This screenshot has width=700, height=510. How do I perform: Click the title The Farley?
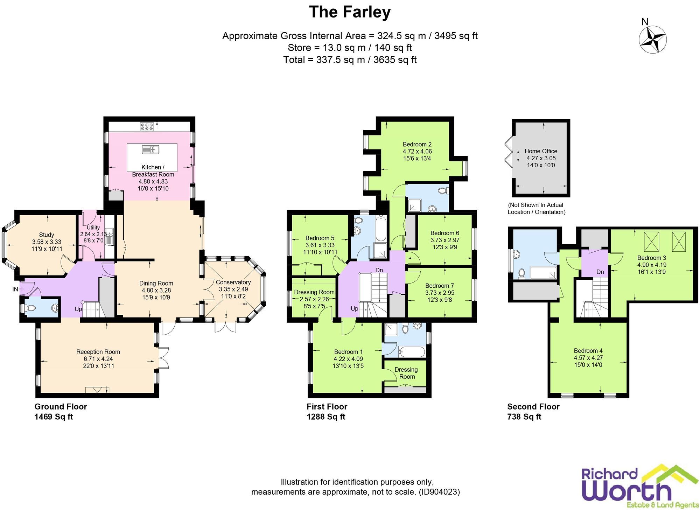coord(350,12)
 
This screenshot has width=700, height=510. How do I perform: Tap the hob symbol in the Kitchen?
coord(147,127)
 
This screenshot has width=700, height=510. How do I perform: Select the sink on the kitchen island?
coord(151,150)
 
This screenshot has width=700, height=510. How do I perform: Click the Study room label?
coord(47,235)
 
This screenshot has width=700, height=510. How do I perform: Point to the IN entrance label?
coord(15,289)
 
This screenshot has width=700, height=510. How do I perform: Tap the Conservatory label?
coord(233,282)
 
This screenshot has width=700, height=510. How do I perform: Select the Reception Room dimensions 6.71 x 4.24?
coord(98,359)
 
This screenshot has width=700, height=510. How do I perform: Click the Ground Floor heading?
coord(61,407)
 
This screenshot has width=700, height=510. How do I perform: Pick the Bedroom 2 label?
coord(417,144)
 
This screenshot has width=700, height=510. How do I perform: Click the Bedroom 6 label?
coord(444,233)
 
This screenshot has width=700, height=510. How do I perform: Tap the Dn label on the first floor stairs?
coord(379,270)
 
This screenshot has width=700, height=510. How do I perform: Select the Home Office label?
coord(541,151)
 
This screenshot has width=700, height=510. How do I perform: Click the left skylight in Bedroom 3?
coord(651,242)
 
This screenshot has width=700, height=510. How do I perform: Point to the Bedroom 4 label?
coord(588,351)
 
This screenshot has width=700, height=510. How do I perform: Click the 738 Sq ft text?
coord(524,417)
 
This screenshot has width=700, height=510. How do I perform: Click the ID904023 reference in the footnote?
coord(439,492)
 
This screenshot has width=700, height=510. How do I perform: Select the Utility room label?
coord(93,228)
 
